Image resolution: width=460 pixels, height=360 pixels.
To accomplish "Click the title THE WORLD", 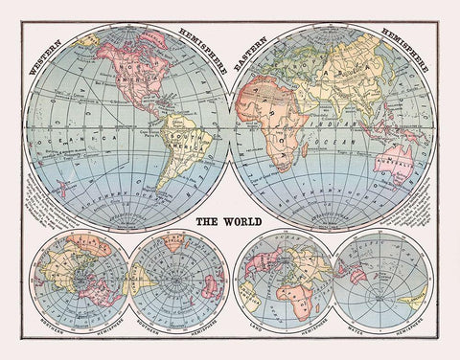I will click(229, 221).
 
